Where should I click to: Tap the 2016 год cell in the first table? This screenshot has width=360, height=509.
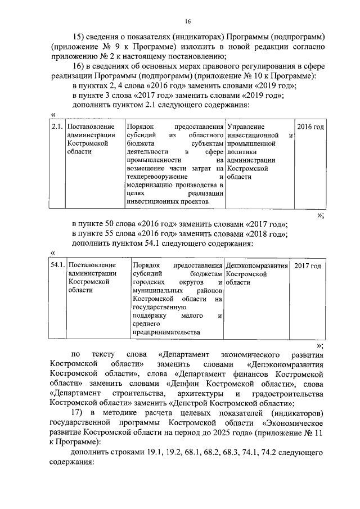[310, 127]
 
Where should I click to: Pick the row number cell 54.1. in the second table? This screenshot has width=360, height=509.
[58, 265]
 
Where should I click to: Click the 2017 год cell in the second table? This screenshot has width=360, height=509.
[307, 265]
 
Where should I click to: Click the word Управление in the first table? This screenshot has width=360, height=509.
[245, 127]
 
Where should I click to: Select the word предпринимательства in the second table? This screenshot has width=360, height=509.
[166, 332]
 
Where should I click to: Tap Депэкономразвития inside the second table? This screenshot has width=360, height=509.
[256, 265]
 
